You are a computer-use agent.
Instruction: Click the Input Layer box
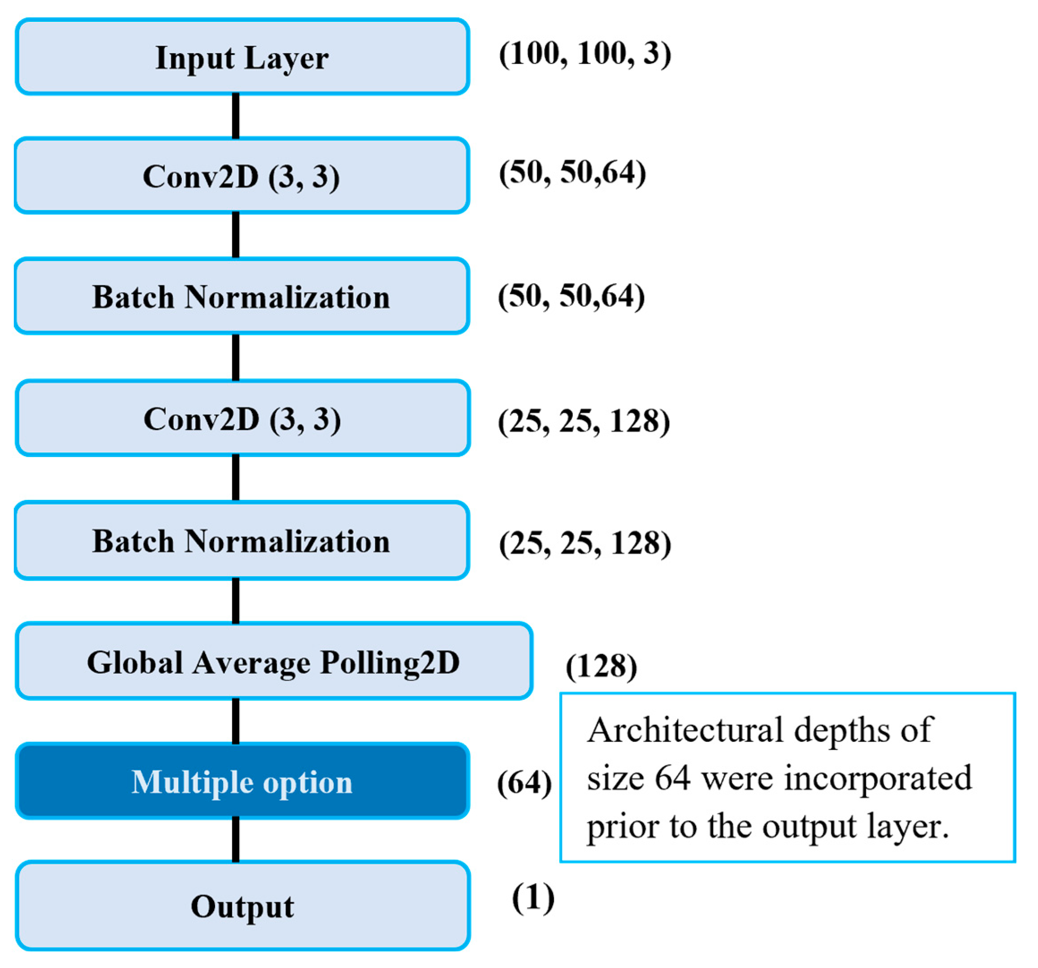[242, 57]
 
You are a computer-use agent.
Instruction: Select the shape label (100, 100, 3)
[585, 54]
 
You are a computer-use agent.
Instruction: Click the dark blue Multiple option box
[242, 782]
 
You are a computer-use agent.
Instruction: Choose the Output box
[242, 906]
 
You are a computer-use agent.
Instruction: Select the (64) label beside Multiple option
[524, 782]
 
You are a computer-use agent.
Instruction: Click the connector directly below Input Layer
[236, 116]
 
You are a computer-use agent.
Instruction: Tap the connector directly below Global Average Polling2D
[236, 720]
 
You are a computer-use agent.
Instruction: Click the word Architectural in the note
[684, 731]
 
